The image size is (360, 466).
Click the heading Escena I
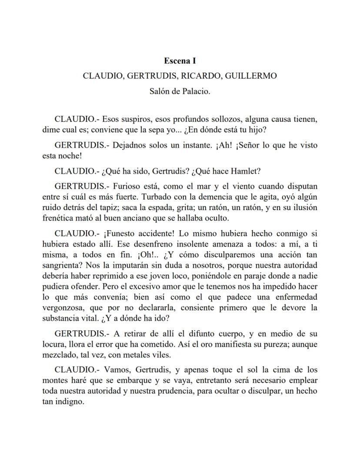click(180, 61)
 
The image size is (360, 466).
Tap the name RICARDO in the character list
click(195, 76)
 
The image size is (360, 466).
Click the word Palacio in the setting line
click(195, 91)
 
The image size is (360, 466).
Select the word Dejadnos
click(129, 145)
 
